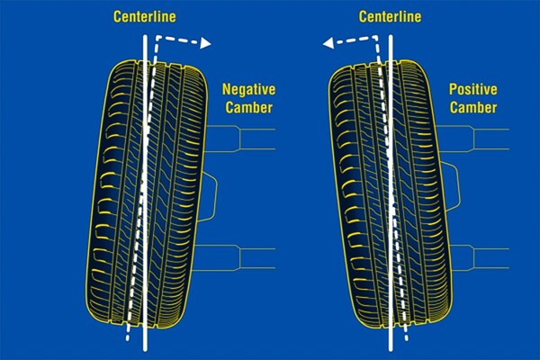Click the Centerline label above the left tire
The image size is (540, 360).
[145, 16]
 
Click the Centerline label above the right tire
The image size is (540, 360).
[390, 16]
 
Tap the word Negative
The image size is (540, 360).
[248, 90]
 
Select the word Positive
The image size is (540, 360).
[472, 90]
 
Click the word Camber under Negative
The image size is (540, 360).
[249, 107]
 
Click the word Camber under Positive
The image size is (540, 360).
[473, 107]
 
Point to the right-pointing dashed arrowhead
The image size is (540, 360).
[205, 43]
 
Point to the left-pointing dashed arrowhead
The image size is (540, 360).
[328, 43]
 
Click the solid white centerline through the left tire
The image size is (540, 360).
[145, 193]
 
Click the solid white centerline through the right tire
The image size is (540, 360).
[391, 193]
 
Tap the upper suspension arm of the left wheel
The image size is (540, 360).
[240, 139]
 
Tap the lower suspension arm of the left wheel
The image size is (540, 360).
[235, 258]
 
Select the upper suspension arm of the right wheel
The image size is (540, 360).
[472, 139]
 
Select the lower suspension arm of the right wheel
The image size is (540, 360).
[480, 258]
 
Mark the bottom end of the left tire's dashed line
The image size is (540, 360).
[128, 339]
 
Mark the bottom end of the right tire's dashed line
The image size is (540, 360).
[407, 339]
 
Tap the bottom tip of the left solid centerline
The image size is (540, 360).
[145, 351]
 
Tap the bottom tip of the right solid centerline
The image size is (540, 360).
[391, 351]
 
